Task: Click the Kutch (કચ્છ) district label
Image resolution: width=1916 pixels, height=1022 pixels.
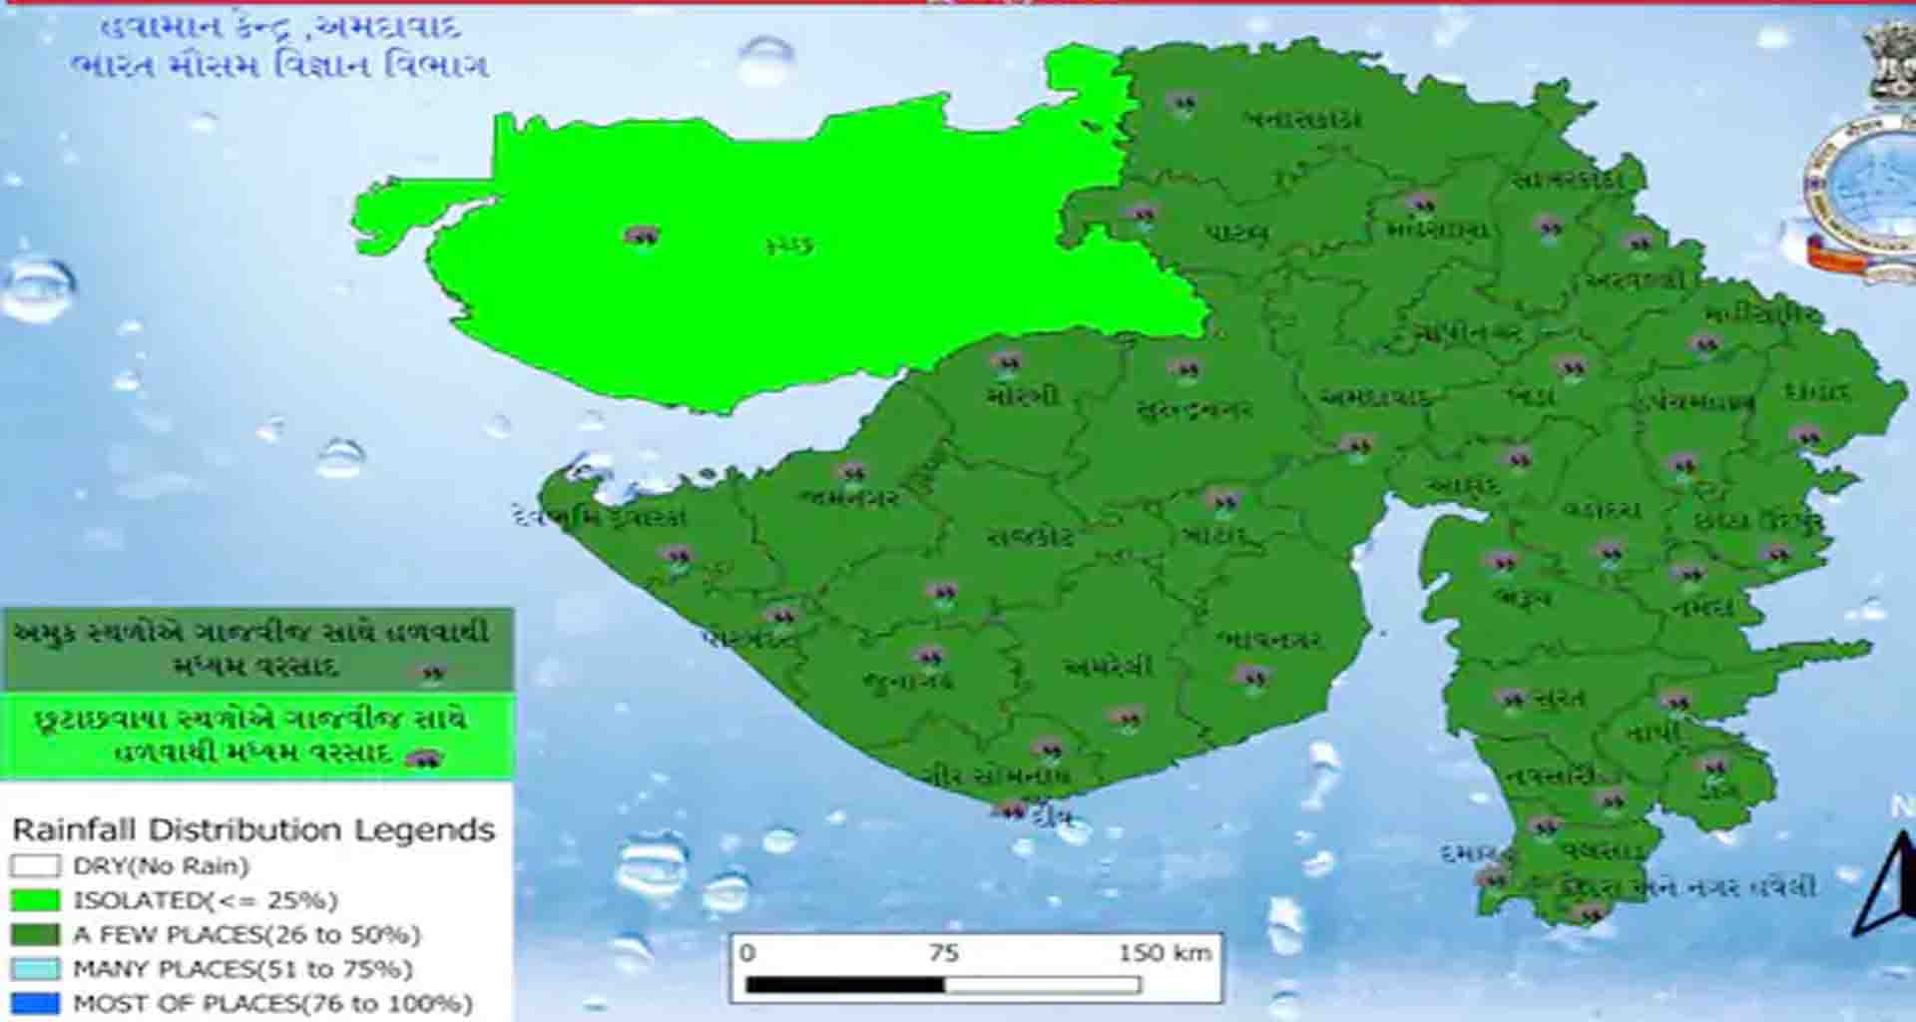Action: click(x=789, y=245)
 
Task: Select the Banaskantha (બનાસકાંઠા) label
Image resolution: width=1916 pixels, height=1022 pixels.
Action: click(x=1302, y=120)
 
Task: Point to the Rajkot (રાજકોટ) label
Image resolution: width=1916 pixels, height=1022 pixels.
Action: click(x=1030, y=537)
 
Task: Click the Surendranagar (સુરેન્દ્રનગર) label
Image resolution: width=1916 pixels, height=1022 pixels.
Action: click(x=1194, y=410)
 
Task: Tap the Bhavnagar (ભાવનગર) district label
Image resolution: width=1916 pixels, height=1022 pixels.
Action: click(x=1269, y=640)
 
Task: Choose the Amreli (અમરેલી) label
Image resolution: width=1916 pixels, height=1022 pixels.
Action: click(x=1108, y=667)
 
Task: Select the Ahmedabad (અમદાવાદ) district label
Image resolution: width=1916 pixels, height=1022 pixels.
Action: click(x=1375, y=397)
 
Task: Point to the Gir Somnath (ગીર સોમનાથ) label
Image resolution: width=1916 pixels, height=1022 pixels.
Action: click(x=995, y=775)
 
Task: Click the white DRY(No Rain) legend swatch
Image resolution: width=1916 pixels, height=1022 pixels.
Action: click(x=35, y=865)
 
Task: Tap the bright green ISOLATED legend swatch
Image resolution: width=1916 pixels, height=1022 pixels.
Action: click(x=35, y=900)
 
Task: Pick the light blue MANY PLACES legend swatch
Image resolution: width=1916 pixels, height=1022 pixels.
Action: click(x=35, y=968)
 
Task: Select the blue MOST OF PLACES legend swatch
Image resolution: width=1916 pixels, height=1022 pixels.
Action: click(x=35, y=1002)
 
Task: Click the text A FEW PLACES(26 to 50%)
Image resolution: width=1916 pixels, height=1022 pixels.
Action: click(x=246, y=935)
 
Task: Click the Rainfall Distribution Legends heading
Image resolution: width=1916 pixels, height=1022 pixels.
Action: click(x=253, y=829)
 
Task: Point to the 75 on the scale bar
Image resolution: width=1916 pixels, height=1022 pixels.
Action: click(x=943, y=952)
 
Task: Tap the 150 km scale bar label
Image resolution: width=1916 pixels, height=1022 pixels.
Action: click(x=1165, y=952)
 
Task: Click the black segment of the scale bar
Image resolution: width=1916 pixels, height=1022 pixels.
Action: click(x=844, y=985)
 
